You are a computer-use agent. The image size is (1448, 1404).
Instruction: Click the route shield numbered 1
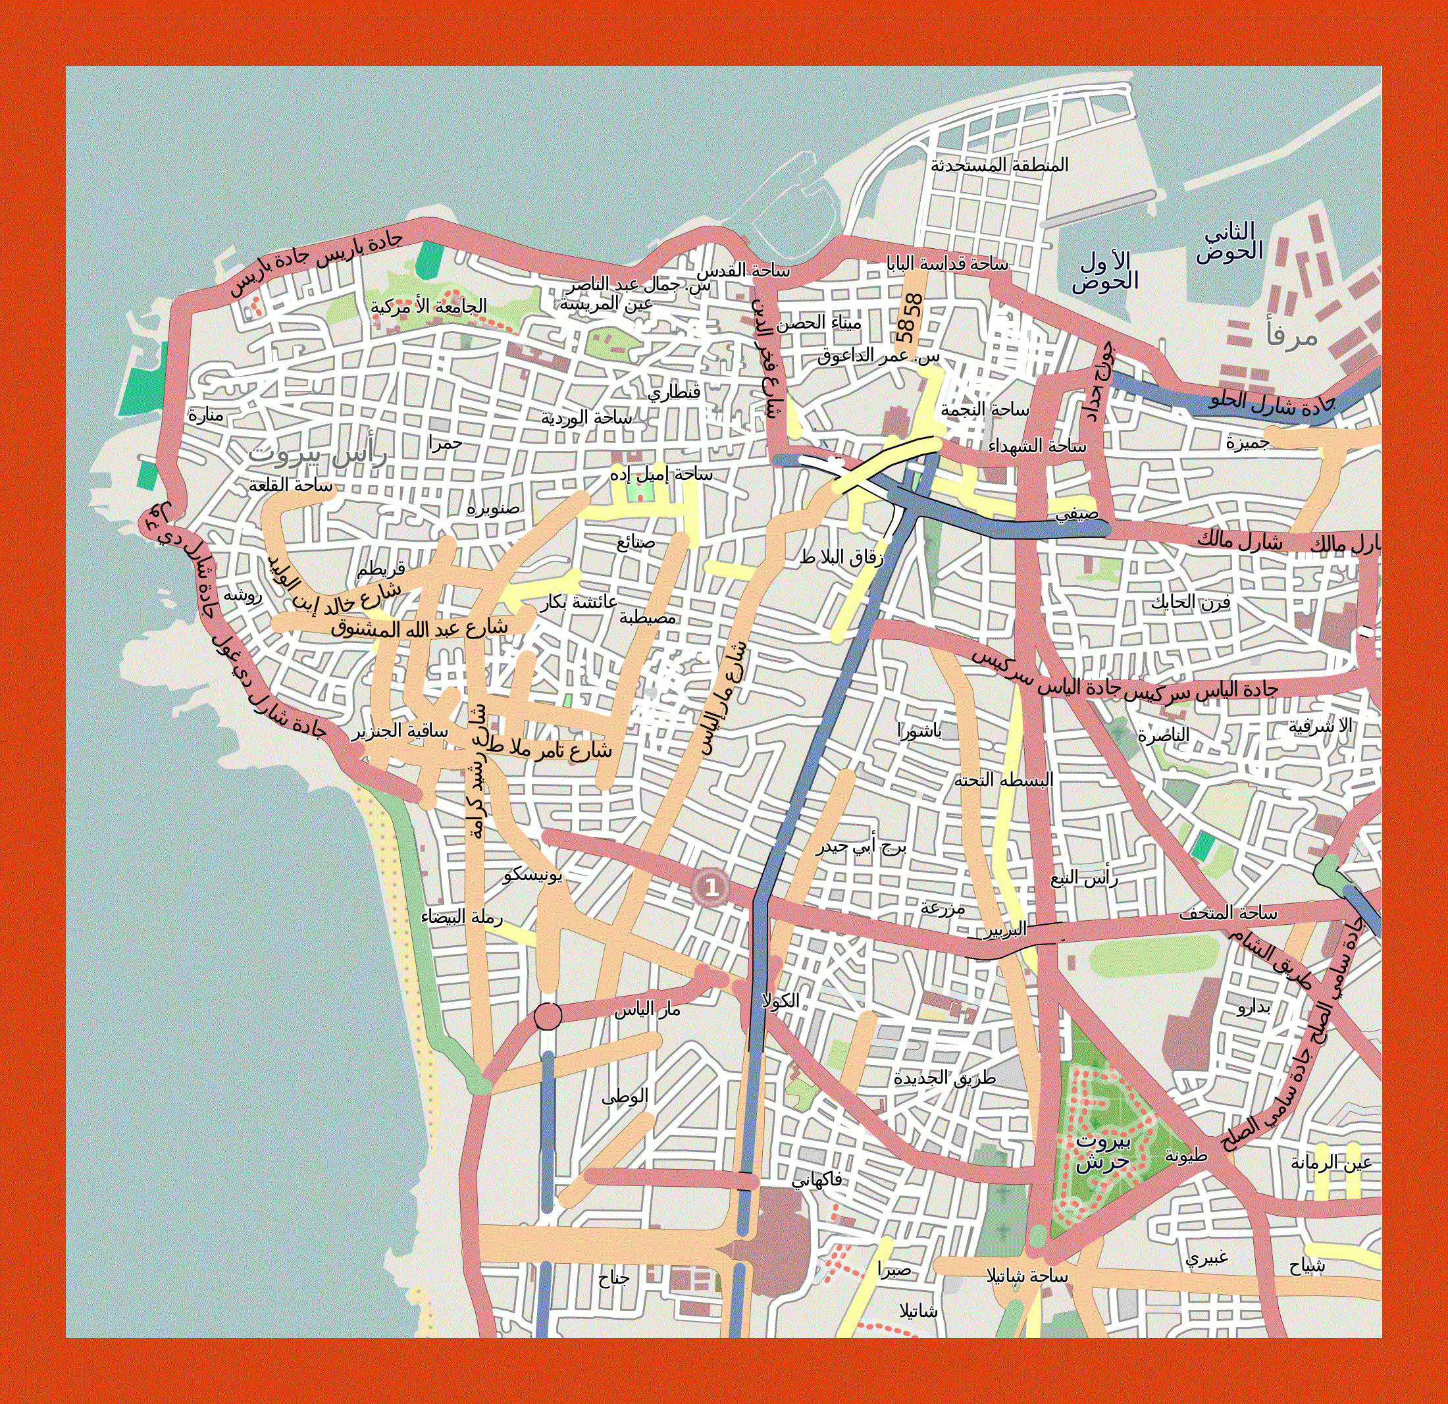point(711,886)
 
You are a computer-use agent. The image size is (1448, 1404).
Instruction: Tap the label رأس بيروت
point(318,454)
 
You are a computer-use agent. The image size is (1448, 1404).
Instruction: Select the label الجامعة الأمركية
point(428,306)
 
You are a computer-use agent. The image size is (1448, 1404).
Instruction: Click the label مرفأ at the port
point(1292,335)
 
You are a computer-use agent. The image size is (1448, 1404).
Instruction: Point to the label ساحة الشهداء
point(1037,446)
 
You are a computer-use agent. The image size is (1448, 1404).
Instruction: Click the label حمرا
point(445,442)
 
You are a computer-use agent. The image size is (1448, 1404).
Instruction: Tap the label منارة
point(205,415)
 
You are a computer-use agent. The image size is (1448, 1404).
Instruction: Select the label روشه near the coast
point(242,595)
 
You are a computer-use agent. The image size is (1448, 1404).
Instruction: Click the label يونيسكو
point(532,875)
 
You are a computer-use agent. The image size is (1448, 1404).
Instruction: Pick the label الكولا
point(781,1001)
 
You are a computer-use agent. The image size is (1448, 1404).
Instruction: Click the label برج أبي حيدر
point(861,846)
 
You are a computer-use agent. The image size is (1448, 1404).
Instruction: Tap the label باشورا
point(919,731)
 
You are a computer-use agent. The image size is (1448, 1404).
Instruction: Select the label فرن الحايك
point(1190,602)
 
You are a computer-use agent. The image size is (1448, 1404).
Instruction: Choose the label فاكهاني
point(816,1180)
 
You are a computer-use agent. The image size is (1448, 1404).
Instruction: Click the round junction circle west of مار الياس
point(548,1016)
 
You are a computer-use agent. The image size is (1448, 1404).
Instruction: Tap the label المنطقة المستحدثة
point(999,165)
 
